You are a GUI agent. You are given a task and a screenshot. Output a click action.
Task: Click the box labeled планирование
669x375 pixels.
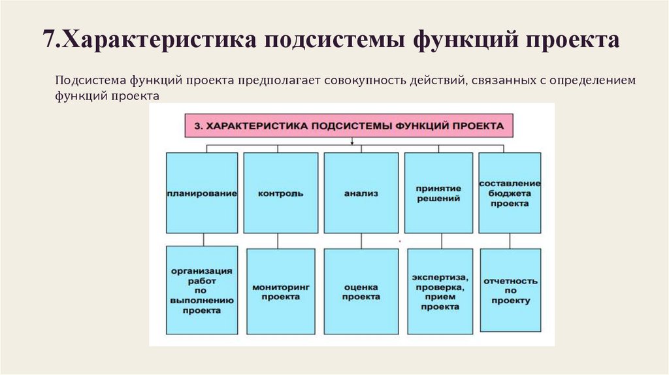[201, 193]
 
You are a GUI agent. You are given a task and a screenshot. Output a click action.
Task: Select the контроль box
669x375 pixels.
[280, 193]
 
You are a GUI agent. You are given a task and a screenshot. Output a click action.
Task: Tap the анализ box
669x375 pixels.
[361, 193]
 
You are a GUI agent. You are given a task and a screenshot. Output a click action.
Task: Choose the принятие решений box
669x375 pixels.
[438, 193]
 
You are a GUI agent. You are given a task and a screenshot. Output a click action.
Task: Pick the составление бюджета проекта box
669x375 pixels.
[510, 193]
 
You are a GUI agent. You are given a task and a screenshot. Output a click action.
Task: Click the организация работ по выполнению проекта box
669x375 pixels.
[201, 289]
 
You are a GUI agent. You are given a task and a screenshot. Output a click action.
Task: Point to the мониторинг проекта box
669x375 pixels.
[280, 291]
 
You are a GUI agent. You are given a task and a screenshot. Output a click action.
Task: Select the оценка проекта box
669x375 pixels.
[361, 291]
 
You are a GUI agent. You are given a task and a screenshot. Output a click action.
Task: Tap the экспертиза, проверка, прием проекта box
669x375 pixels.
[438, 291]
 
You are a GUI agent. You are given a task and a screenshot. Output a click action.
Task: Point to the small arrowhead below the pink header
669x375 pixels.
[352, 142]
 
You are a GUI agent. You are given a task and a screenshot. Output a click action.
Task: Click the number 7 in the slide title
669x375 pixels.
[48, 40]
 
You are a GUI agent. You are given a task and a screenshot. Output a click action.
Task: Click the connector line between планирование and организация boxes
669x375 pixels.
[203, 240]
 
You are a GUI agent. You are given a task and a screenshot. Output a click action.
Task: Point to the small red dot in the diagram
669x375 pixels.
[399, 241]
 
